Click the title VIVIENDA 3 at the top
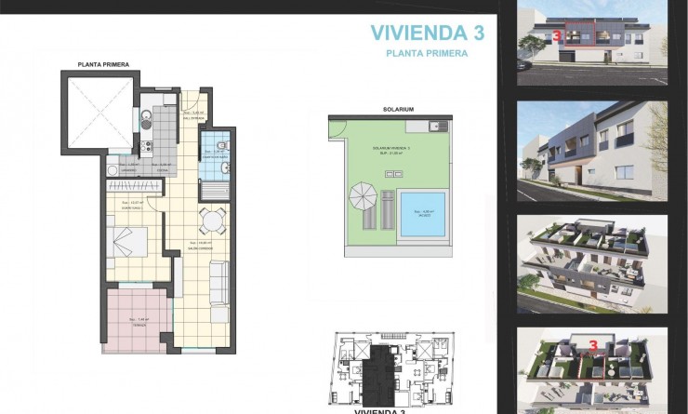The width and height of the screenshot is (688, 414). [x=427, y=33]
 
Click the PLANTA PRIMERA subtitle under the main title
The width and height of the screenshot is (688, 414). [x=427, y=54]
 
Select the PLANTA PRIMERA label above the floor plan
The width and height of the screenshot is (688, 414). [x=103, y=64]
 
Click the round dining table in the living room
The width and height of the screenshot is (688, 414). [x=211, y=221]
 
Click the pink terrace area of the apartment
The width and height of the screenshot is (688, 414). [x=137, y=319]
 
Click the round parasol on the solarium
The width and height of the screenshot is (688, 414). [x=360, y=198]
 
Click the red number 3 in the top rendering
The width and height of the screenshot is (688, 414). [x=555, y=37]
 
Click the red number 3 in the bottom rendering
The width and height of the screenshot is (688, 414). [x=591, y=345]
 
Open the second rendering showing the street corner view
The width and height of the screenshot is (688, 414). [x=591, y=150]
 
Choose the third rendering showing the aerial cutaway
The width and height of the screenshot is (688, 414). [x=591, y=264]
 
